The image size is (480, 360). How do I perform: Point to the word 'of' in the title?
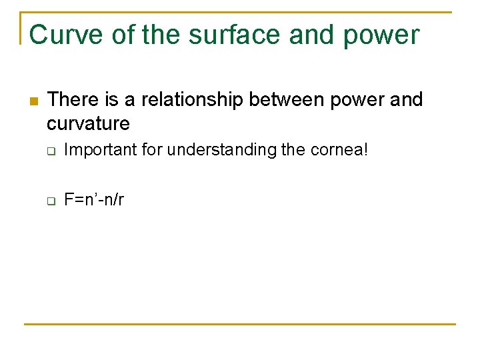[x=123, y=35]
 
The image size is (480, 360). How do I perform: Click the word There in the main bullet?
[x=73, y=100]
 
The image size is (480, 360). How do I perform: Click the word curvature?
[x=88, y=123]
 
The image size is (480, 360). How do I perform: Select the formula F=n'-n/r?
[x=94, y=200]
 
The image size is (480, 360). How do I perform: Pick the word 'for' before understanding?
[x=152, y=150]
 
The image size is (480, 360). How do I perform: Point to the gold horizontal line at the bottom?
[x=240, y=325]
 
